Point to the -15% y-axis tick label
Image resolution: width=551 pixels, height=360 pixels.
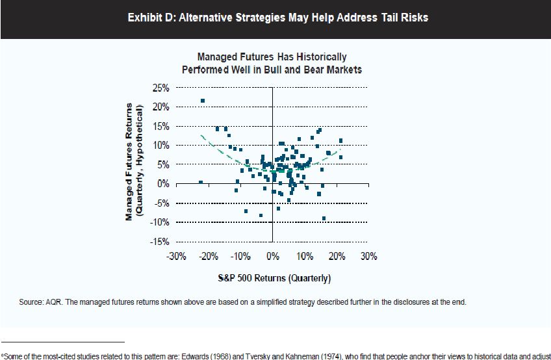(159, 242)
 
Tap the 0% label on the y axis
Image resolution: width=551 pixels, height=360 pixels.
(163, 184)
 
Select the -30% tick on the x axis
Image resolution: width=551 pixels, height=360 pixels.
(177, 257)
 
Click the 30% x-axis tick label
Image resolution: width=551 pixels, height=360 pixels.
(368, 257)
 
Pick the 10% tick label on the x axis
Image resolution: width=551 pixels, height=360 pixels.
(305, 257)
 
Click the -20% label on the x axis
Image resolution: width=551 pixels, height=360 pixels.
(209, 257)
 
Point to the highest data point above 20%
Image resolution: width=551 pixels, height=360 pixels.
(203, 101)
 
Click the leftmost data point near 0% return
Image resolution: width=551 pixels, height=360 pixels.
(201, 183)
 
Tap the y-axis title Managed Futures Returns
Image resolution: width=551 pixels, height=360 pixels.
(129, 162)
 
